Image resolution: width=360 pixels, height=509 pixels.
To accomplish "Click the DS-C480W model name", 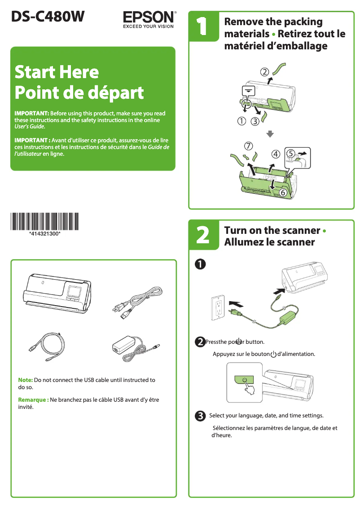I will [x=48, y=17].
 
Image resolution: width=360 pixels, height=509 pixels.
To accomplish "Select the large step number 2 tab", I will [x=202, y=236].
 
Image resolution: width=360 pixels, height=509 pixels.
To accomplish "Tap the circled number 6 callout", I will [x=283, y=193].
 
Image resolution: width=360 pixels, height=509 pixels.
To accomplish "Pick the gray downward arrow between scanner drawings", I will [x=270, y=134].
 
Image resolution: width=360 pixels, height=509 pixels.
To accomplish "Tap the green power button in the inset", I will [x=244, y=380].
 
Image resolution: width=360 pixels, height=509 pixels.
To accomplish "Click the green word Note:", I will [x=25, y=380].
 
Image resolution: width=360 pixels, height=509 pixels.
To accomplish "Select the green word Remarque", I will [x=32, y=400].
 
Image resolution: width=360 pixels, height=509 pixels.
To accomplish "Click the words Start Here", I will [x=57, y=72].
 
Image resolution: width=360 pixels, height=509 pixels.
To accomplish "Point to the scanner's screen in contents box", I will [x=74, y=293].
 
